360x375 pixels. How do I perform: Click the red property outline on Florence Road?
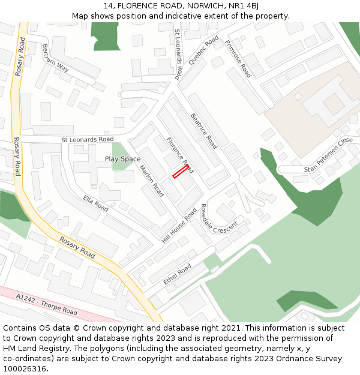[181, 172]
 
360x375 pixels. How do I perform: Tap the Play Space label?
[122, 159]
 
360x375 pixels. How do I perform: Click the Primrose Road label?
[238, 59]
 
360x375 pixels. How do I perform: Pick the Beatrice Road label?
[203, 131]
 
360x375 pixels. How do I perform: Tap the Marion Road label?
[151, 181]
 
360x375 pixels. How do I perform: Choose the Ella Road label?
[95, 203]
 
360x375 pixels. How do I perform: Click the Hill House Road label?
[179, 226]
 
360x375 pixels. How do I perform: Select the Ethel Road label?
[178, 274]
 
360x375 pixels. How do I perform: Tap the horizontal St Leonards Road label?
[87, 139]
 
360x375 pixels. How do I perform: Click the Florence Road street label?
[179, 155]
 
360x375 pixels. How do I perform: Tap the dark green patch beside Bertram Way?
[106, 36]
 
